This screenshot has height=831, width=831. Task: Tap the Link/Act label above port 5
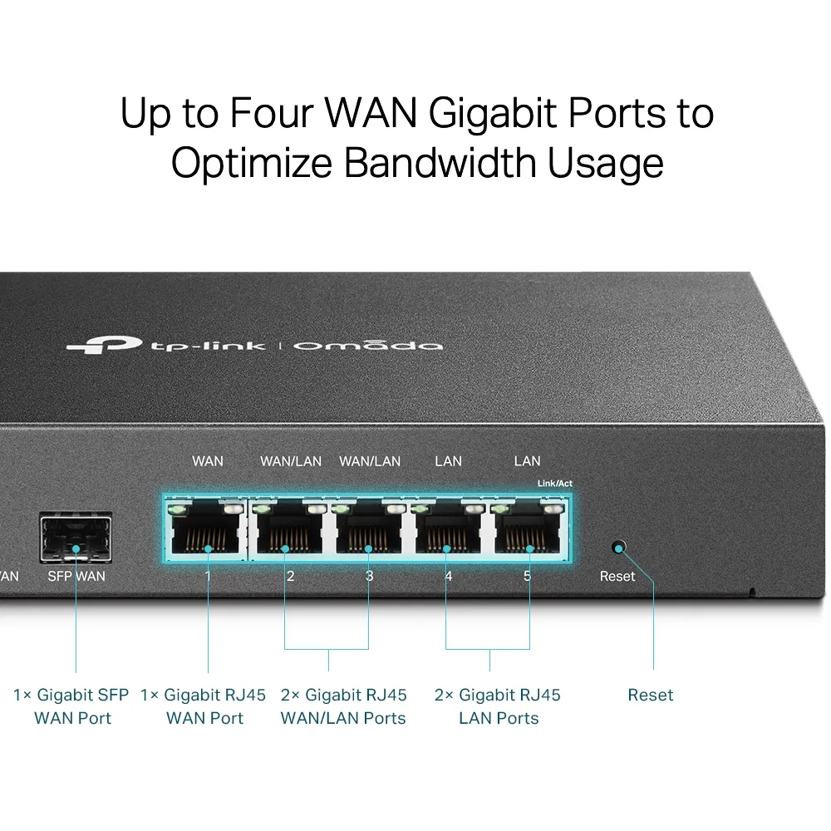554,484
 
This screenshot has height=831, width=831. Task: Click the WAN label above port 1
207,460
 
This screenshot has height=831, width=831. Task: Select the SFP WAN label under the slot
76,575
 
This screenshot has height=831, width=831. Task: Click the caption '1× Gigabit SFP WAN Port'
72,706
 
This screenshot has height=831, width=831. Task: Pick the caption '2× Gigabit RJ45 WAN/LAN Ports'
343,706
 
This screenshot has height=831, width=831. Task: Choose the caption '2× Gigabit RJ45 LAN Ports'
498,706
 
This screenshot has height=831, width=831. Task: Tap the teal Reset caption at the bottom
650,695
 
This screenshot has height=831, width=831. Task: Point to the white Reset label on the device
617,576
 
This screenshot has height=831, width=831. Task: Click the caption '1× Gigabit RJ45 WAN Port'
204,706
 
